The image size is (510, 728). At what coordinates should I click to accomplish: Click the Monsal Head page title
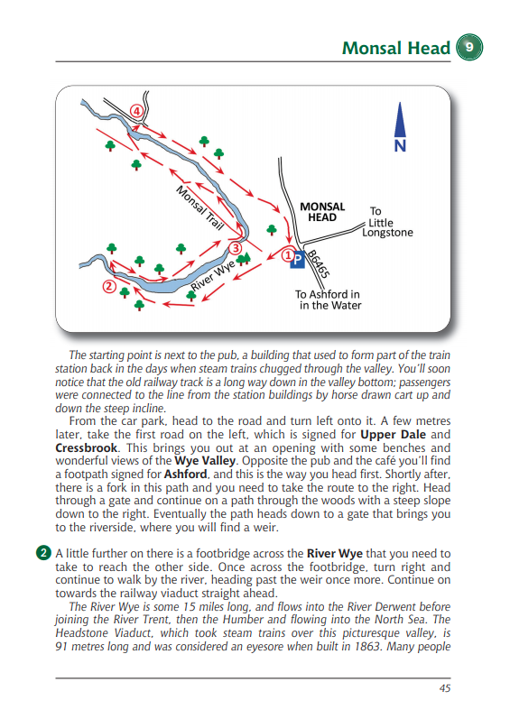pos(396,48)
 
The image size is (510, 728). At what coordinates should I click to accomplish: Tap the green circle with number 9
pos(469,47)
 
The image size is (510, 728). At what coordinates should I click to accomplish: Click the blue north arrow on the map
pos(400,127)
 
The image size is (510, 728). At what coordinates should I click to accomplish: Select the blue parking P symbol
pos(297,260)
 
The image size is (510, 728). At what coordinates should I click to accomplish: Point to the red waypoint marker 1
pos(288,255)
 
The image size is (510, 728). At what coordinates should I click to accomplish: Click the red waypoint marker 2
pos(109,286)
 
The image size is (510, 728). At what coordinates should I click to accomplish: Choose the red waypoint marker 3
pos(236,248)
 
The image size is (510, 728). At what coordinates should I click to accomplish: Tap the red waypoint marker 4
pos(136,112)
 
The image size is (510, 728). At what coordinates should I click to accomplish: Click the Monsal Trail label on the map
pos(200,207)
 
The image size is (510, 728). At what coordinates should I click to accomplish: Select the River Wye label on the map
pos(213,276)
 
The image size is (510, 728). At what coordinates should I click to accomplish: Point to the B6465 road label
pos(320,264)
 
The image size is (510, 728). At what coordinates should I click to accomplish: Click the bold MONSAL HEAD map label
pos(322,212)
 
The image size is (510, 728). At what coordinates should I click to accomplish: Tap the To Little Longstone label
pos(387,222)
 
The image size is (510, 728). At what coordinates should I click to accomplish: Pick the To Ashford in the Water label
pos(328,299)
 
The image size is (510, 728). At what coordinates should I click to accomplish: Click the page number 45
pos(445,688)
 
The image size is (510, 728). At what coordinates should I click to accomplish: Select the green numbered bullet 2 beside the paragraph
pos(43,553)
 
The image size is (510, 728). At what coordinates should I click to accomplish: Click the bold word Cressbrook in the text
pos(87,448)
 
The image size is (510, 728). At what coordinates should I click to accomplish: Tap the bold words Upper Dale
pos(393,435)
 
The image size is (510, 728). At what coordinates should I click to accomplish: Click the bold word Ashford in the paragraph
pos(185,475)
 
